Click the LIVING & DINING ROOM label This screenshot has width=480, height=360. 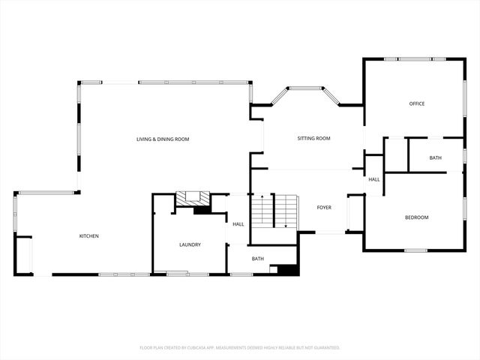click(162, 139)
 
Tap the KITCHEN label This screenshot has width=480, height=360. click(89, 236)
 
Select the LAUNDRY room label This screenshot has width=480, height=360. click(190, 244)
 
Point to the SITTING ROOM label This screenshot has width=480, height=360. click(313, 139)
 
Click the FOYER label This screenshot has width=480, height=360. click(324, 207)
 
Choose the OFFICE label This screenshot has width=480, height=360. click(416, 103)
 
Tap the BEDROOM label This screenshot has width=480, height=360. click(416, 217)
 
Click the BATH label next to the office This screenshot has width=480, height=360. click(436, 158)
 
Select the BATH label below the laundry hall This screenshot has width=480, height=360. click(257, 259)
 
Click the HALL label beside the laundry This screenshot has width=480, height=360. click(238, 224)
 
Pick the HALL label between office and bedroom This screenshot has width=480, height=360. click(373, 179)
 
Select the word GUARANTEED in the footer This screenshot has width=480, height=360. click(324, 348)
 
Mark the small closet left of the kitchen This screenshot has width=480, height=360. click(24, 255)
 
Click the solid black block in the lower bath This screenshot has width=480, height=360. click(283, 270)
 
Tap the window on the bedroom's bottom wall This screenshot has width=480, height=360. click(415, 250)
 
